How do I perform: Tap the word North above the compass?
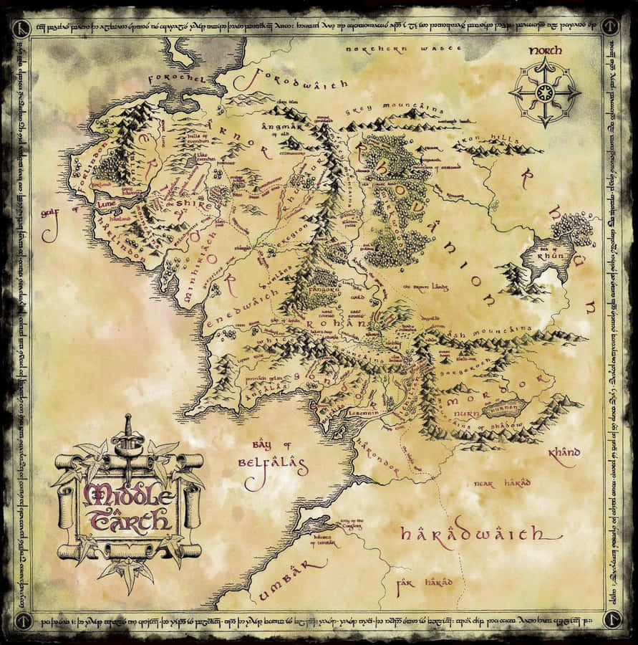546,51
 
